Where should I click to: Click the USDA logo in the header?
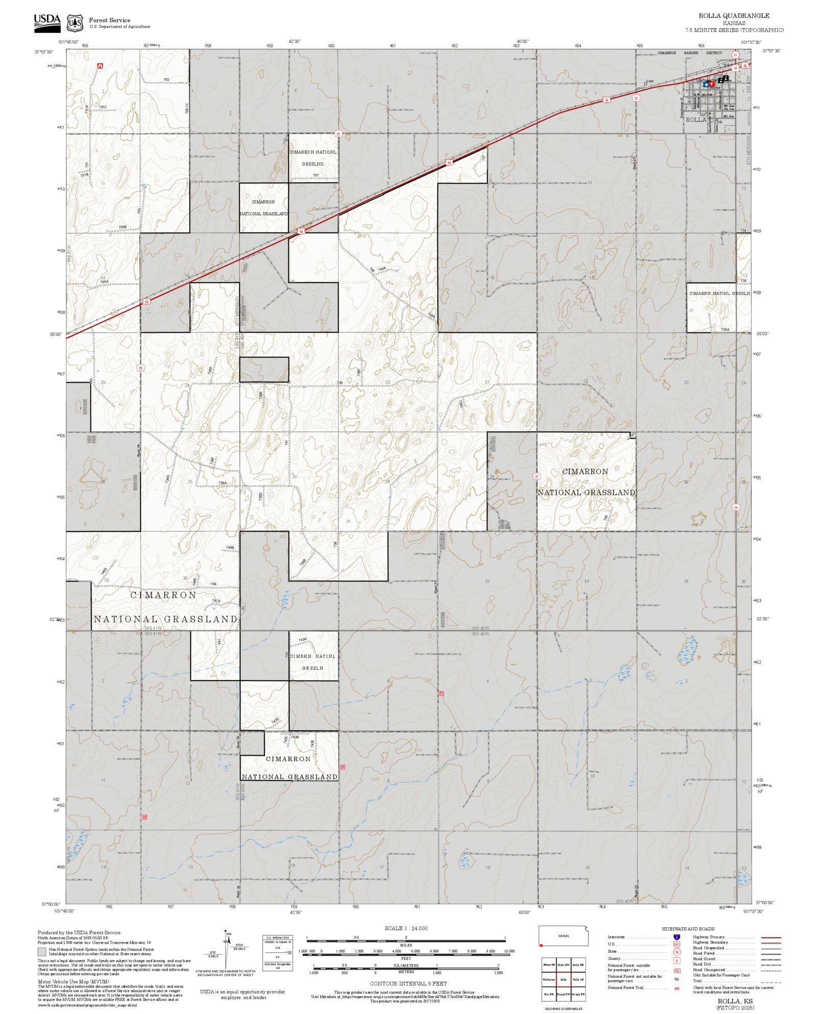coord(47,23)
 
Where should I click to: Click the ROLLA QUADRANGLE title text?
coord(734,16)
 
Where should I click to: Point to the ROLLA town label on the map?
coord(695,119)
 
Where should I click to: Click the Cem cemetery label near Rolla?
coord(650,81)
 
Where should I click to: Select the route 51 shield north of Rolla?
coord(735,54)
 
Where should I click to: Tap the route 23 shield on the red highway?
coord(636,98)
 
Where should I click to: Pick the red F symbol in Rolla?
coord(712,85)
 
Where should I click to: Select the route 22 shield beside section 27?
coord(536,476)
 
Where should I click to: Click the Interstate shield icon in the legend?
coord(677,937)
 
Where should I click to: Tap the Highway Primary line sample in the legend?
coord(771,937)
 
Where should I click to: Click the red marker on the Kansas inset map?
coord(541,945)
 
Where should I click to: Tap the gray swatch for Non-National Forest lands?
coord(42,952)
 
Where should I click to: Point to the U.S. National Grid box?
coord(278,953)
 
